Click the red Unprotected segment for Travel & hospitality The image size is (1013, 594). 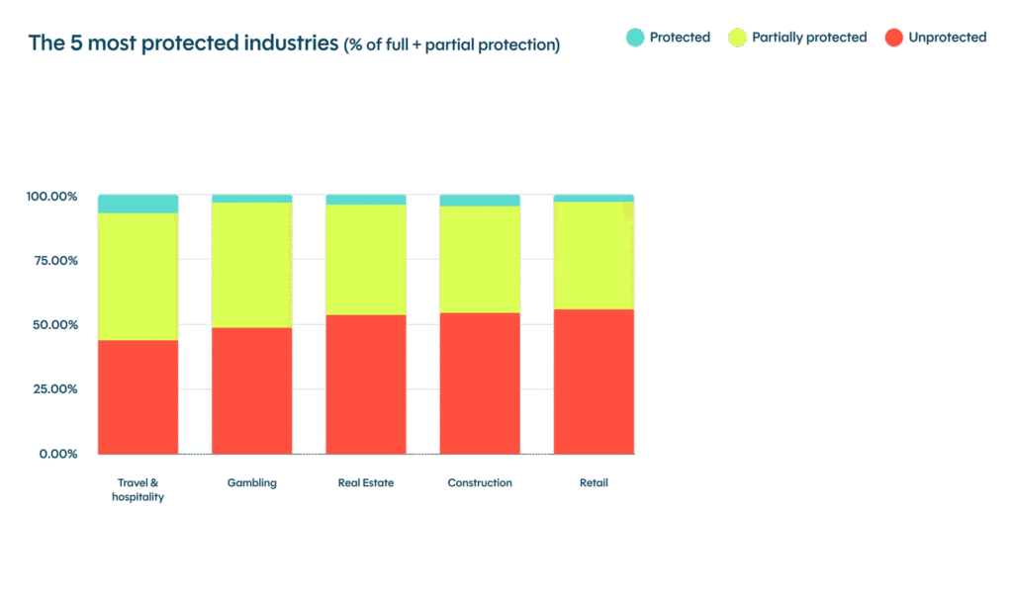coord(138,396)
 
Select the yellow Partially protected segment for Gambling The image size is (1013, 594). coord(251,265)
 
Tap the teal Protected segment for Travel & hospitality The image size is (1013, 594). coord(138,204)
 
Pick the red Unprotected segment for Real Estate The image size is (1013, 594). coord(366,384)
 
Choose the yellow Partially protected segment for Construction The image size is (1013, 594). coord(480,259)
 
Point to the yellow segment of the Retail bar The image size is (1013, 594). coord(594,255)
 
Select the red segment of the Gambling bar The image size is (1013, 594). coord(251,390)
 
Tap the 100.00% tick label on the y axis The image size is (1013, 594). coord(51,196)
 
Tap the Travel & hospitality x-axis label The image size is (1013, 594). coord(138,490)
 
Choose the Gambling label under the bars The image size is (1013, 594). coord(251,483)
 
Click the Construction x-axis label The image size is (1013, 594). coord(480,483)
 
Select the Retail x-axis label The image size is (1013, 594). coord(594,483)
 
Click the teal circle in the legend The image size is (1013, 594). coord(635,38)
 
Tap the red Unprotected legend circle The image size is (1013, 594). coord(894,38)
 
